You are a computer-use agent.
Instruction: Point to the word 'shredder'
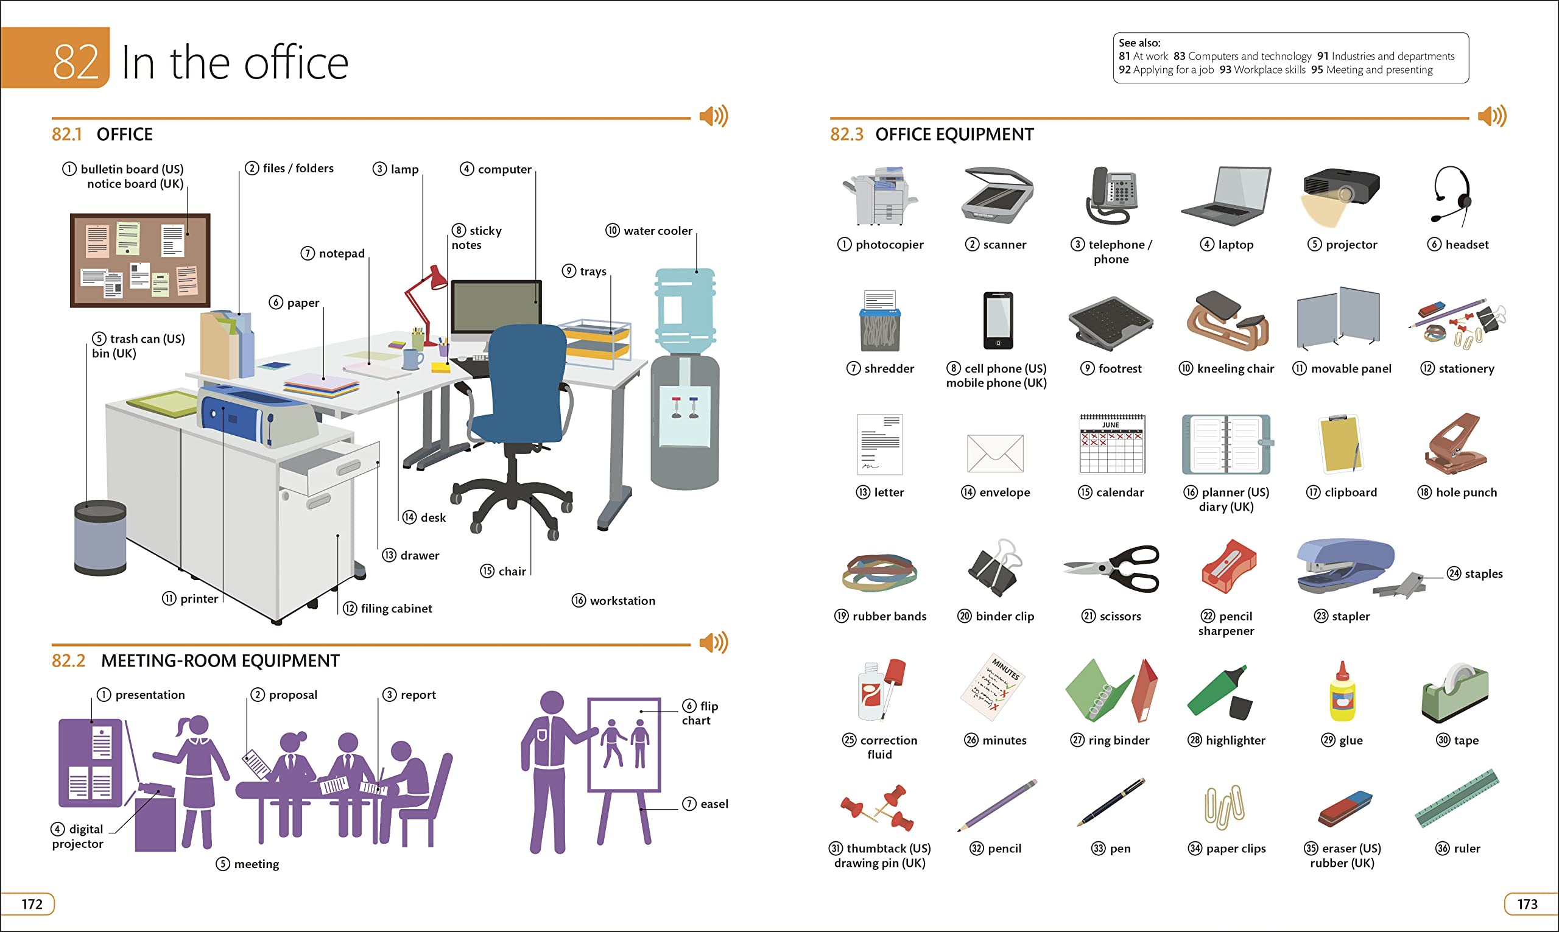tap(889, 369)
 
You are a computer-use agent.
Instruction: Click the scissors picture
tap(1111, 568)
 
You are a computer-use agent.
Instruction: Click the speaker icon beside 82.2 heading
tap(713, 642)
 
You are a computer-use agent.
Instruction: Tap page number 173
tap(1527, 904)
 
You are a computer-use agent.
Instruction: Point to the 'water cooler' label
tap(657, 231)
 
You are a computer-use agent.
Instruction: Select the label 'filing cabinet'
tap(396, 608)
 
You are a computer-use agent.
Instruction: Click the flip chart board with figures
tap(624, 745)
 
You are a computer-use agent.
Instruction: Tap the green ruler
tap(1456, 797)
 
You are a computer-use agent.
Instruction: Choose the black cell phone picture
tap(998, 320)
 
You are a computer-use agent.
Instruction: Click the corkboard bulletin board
tap(140, 260)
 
